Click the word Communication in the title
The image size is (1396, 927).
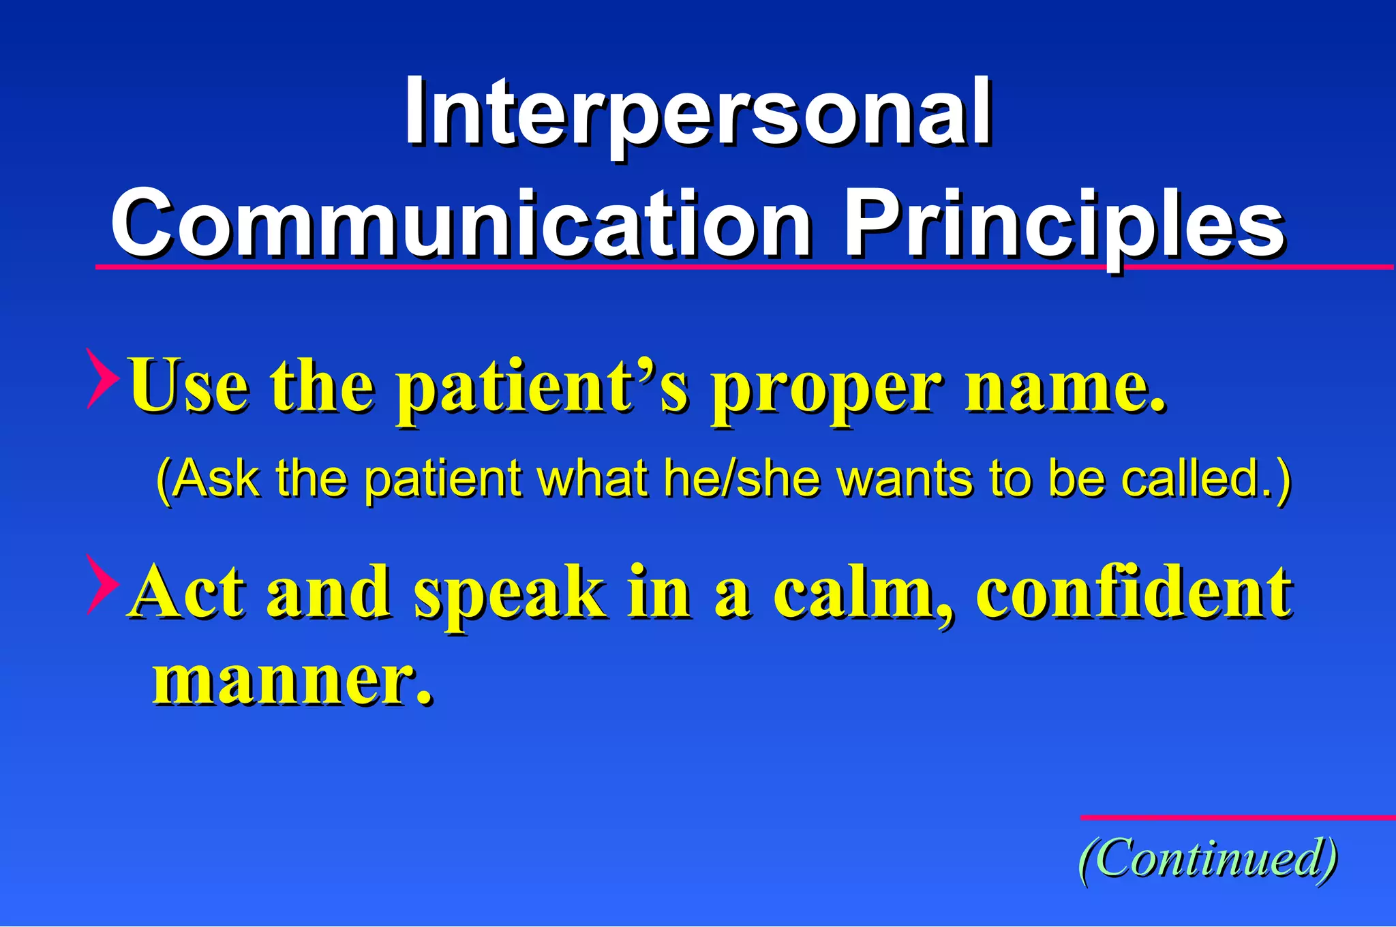(x=461, y=225)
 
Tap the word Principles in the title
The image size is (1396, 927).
(x=1063, y=225)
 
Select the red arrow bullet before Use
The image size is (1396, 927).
(x=102, y=378)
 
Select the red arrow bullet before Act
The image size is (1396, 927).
(x=102, y=584)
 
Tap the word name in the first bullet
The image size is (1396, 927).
(x=1063, y=389)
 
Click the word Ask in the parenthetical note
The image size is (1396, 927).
(x=215, y=478)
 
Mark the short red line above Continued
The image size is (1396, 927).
(x=1236, y=817)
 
